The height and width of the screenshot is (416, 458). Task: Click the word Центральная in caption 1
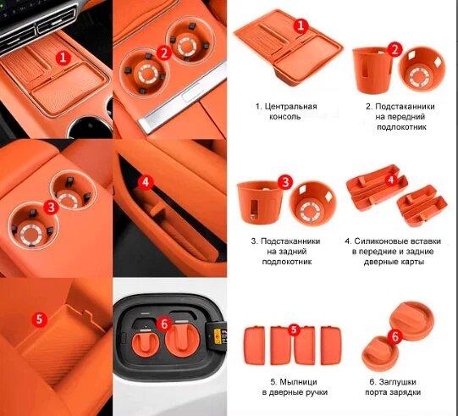[290, 107]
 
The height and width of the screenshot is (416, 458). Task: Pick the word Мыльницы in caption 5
[298, 382]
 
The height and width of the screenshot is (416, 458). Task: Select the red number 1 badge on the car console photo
[63, 58]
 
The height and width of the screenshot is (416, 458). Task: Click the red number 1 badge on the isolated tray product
[301, 25]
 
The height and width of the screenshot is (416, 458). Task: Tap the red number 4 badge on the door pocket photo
[146, 182]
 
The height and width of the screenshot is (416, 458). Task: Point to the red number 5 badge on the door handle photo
[40, 319]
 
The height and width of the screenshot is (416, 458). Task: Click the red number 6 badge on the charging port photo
[164, 324]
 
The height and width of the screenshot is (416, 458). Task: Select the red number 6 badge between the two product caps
[395, 336]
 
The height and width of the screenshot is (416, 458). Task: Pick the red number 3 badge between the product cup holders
[285, 182]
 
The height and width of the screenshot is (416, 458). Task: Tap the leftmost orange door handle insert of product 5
[255, 346]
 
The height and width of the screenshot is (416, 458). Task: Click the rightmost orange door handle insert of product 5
[331, 346]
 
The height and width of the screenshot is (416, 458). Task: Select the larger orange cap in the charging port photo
[182, 339]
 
